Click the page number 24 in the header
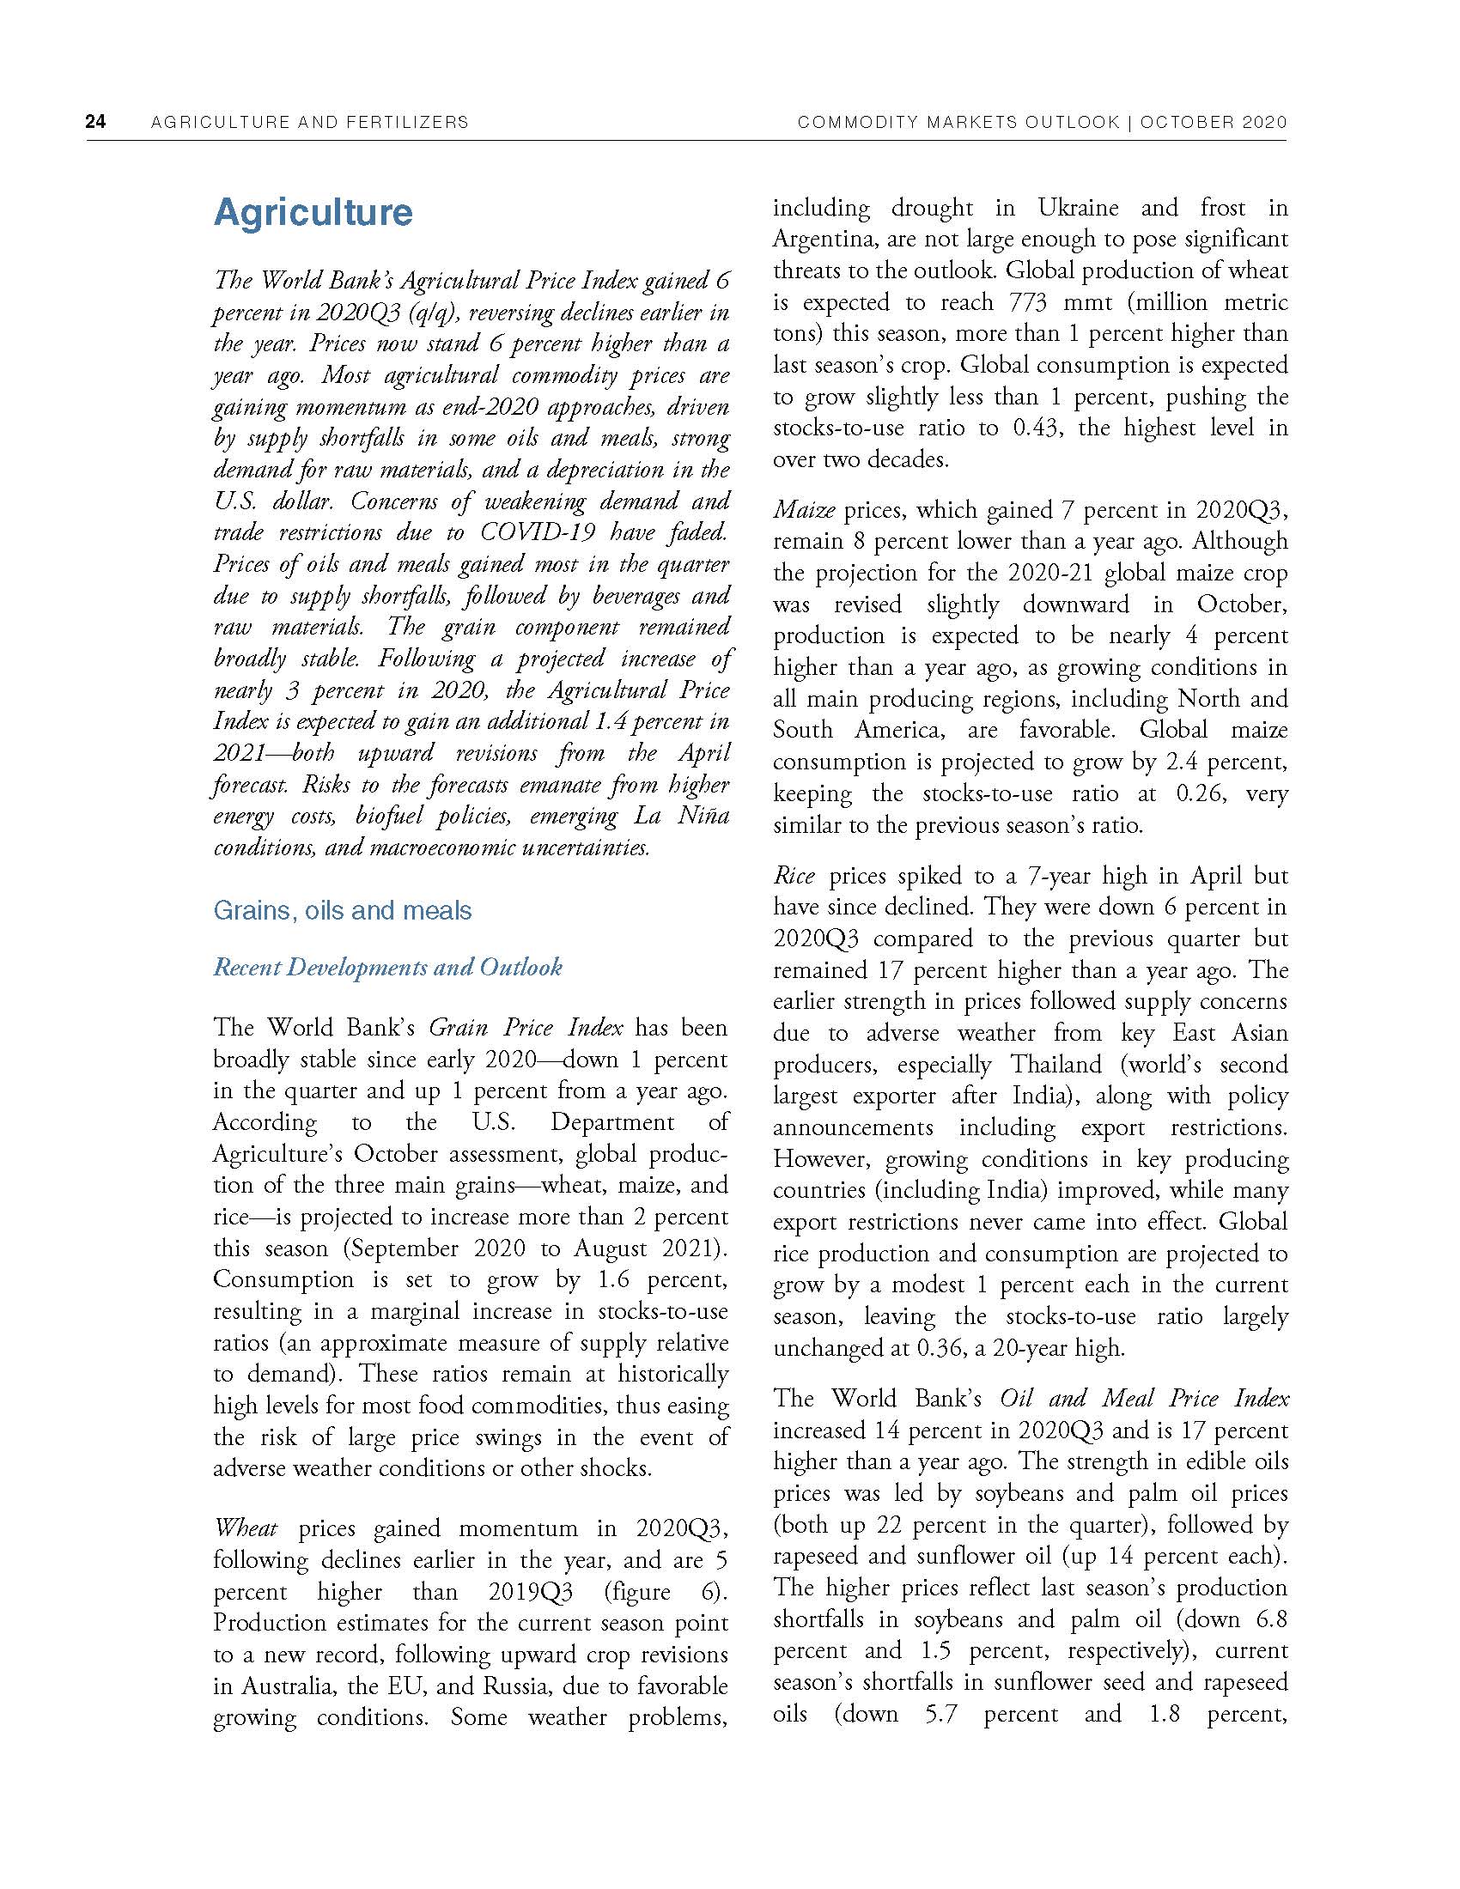coord(95,122)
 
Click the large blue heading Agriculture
coord(313,213)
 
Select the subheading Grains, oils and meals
coord(343,911)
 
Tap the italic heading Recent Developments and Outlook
coord(387,967)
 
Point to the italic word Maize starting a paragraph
coord(804,510)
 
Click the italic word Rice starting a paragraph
coord(794,876)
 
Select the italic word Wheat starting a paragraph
coord(246,1528)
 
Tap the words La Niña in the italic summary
coord(684,817)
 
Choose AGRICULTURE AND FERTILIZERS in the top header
coord(310,122)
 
